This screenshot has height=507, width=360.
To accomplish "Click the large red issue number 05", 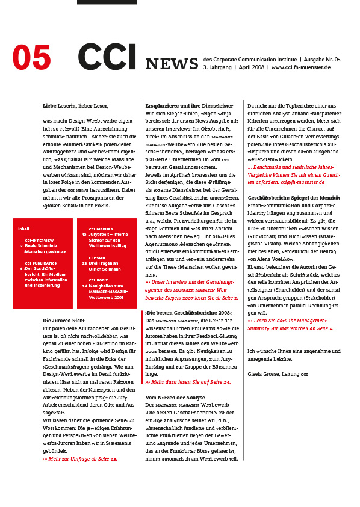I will tap(32, 58).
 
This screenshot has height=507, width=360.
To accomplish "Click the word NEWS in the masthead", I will tap(172, 64).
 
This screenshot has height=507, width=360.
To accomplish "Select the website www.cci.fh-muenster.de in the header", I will tap(301, 67).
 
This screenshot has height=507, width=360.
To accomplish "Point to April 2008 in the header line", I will tap(252, 67).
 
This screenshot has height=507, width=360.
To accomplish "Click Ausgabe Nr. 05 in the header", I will tap(321, 60).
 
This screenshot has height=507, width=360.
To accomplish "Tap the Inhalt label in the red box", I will tap(24, 229).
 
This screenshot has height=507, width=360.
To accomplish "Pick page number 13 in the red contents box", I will tap(84, 235).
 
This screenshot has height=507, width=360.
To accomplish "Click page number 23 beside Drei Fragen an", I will tap(84, 263).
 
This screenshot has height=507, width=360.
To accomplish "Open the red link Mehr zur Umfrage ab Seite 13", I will tap(80, 459).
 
